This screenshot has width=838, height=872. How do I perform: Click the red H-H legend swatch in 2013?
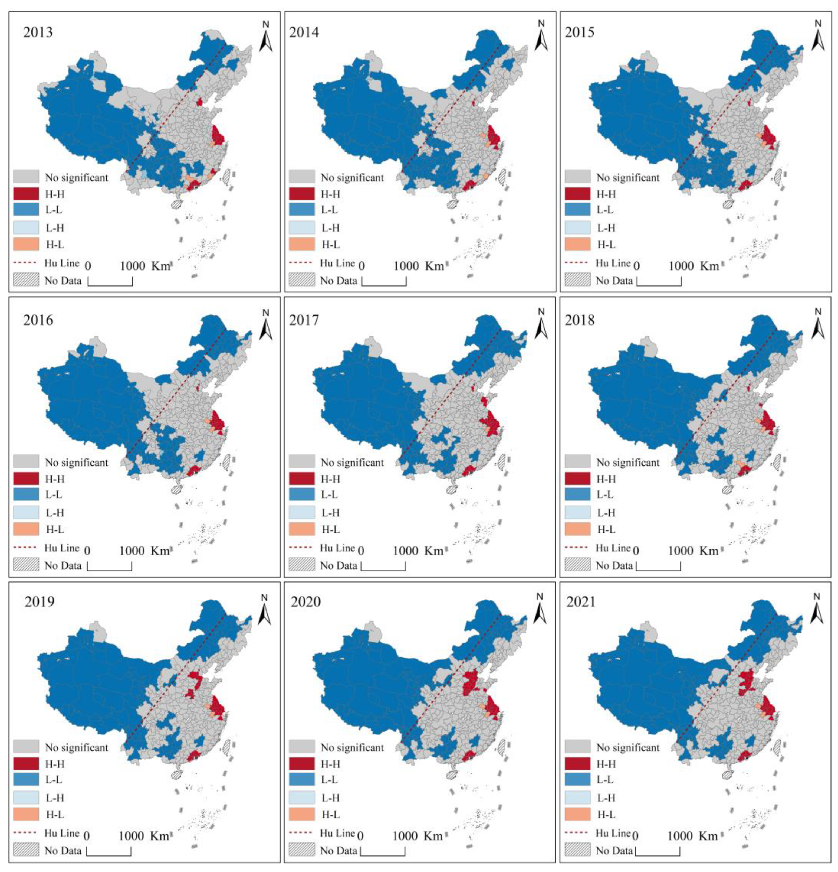point(26,194)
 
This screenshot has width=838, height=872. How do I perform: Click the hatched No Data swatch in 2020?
point(302,850)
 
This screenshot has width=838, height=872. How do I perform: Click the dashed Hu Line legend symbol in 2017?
point(302,548)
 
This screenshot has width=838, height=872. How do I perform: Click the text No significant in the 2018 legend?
point(628,463)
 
